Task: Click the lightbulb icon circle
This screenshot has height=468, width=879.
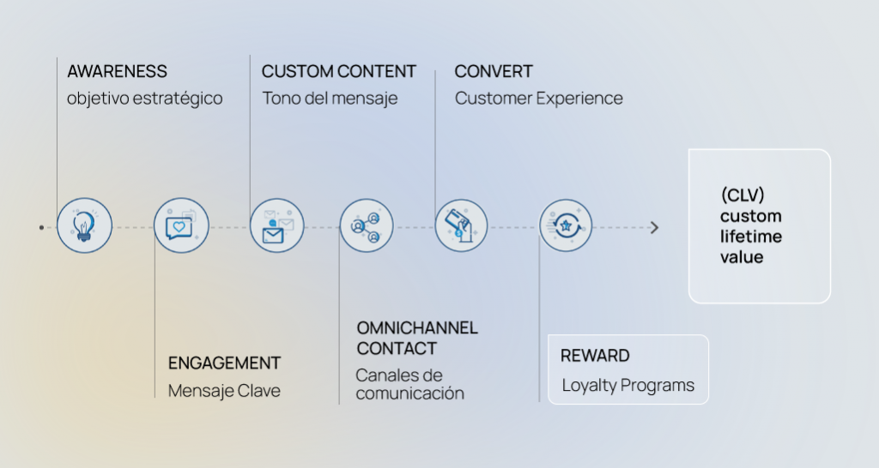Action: (84, 225)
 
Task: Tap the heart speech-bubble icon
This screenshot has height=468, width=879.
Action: (181, 225)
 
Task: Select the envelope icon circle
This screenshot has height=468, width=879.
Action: (277, 225)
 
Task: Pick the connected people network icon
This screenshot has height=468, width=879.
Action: (367, 225)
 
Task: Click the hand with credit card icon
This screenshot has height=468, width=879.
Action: (461, 225)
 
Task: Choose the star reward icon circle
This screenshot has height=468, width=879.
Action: (566, 225)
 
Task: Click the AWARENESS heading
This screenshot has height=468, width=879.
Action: (117, 71)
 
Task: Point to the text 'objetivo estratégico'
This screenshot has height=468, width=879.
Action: (144, 99)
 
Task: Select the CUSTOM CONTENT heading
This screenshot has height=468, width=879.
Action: (339, 71)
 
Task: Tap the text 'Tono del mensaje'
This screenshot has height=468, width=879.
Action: (330, 99)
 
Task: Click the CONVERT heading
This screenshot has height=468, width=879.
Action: (494, 71)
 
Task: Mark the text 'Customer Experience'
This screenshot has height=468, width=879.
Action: (538, 99)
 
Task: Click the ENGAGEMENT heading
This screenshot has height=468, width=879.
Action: (224, 363)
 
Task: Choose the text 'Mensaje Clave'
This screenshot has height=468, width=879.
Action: (224, 391)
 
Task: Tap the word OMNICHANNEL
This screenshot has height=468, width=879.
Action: (417, 327)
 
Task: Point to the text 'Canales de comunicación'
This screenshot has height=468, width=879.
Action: (409, 384)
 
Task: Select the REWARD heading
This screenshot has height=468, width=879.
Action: (595, 356)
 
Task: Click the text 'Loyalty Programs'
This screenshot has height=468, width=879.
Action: (627, 385)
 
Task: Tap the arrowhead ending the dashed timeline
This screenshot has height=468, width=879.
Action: (655, 227)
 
